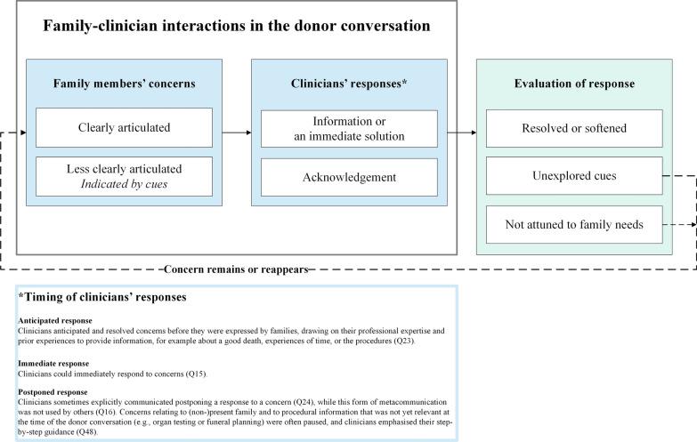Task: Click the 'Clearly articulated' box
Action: (x=124, y=127)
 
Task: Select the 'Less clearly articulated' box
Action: (x=124, y=177)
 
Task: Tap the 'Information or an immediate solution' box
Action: (x=349, y=127)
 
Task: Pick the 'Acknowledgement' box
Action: (x=349, y=177)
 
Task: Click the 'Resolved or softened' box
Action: (x=574, y=127)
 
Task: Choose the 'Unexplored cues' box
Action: (x=574, y=176)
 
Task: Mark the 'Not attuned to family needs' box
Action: (x=574, y=224)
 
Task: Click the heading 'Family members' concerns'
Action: (x=124, y=84)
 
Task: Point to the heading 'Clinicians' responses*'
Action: (x=349, y=84)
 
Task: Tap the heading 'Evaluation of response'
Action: (x=574, y=84)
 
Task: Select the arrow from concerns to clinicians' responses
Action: (x=236, y=133)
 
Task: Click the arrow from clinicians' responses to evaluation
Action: (x=462, y=133)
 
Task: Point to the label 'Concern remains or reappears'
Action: (x=237, y=269)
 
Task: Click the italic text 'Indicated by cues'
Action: (x=124, y=185)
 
